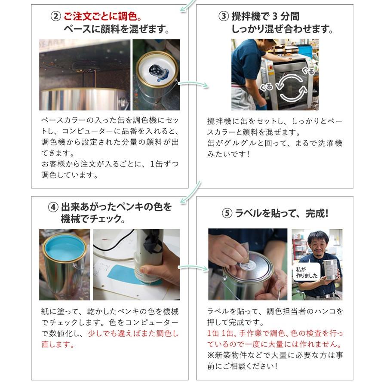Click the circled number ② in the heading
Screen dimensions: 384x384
pyautogui.click(x=55, y=17)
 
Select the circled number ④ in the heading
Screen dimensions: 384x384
pyautogui.click(x=53, y=207)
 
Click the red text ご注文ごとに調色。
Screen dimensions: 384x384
pyautogui.click(x=103, y=17)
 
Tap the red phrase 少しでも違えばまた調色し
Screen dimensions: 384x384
pyautogui.click(x=133, y=334)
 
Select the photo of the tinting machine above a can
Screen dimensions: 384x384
pyautogui.click(x=85, y=75)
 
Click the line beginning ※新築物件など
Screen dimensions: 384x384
pyautogui.click(x=275, y=355)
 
